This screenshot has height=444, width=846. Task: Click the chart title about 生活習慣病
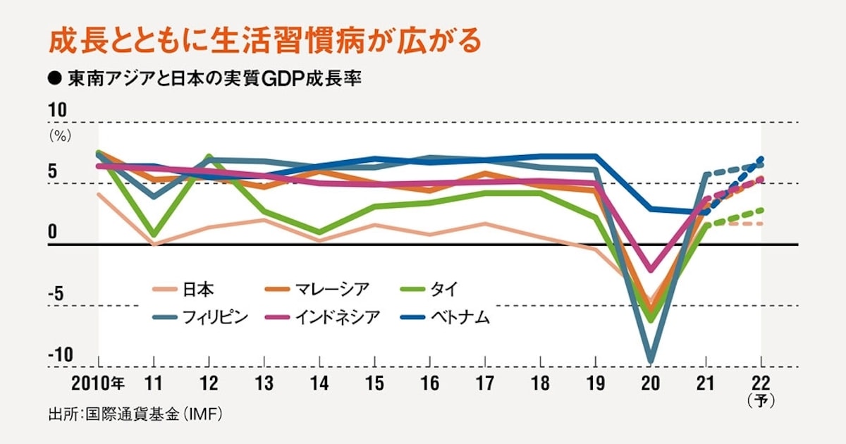click(x=264, y=42)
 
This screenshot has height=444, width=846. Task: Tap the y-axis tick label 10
click(x=57, y=111)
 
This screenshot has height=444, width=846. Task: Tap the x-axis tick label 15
click(x=374, y=384)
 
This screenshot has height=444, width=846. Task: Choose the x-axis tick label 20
click(x=650, y=384)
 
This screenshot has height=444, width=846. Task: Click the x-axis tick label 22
click(x=761, y=384)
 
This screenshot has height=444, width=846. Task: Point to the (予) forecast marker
click(x=761, y=402)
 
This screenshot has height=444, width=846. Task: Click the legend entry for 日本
click(x=200, y=289)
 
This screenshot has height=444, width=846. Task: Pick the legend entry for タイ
click(x=449, y=289)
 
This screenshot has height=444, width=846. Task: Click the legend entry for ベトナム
click(x=460, y=317)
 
